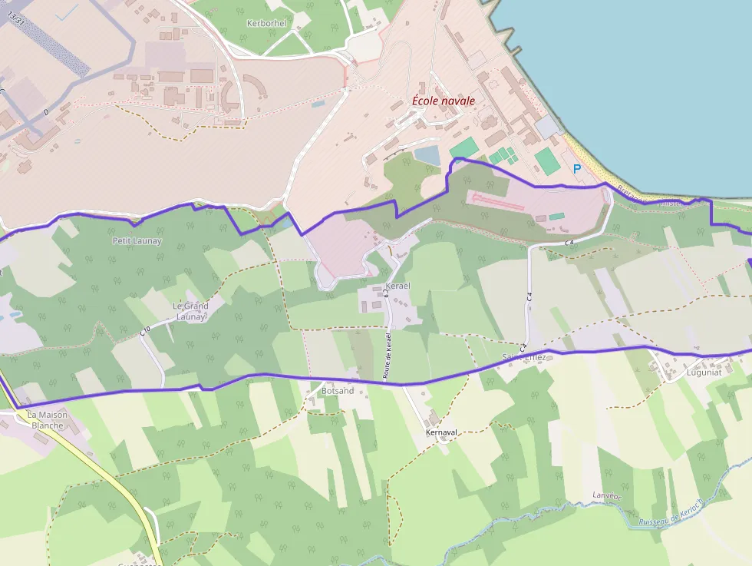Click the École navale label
click(444, 101)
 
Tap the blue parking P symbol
click(577, 168)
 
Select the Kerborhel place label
click(266, 23)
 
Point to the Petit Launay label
click(137, 240)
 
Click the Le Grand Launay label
click(190, 311)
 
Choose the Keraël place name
click(398, 286)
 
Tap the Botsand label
click(338, 391)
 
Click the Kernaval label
click(442, 432)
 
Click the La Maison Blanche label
click(48, 419)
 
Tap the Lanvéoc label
click(607, 495)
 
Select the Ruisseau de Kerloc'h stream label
click(671, 514)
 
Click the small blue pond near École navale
click(427, 155)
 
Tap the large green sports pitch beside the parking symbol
click(546, 161)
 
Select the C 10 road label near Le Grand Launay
click(144, 331)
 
